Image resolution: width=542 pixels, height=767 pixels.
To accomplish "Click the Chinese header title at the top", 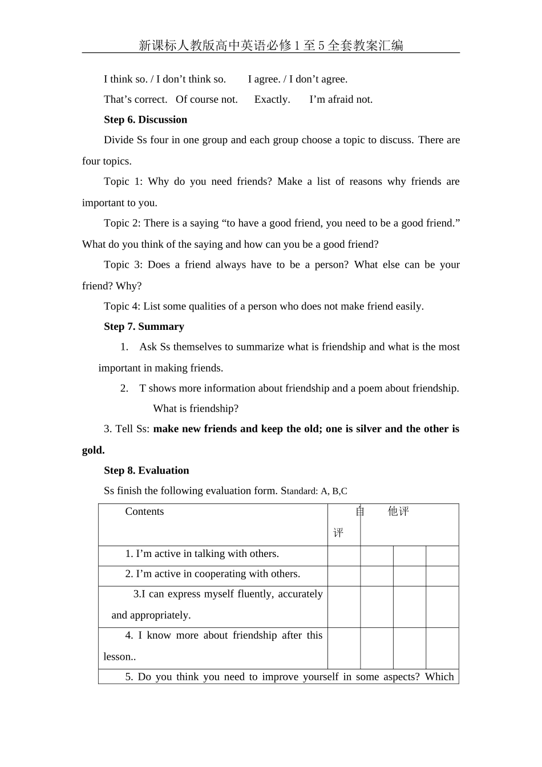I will [x=270, y=45].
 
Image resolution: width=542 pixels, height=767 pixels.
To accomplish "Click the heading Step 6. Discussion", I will [x=145, y=120].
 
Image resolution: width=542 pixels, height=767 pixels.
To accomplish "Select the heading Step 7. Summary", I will [x=144, y=326].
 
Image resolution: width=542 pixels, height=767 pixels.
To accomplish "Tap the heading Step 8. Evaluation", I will [x=146, y=470].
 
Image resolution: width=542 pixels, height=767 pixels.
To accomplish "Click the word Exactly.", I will [x=272, y=99].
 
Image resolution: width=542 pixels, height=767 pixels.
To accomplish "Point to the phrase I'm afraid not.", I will [x=341, y=99].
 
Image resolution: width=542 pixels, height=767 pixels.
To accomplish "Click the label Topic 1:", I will [x=123, y=181].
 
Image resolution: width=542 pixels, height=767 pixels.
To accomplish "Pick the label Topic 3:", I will [x=123, y=265].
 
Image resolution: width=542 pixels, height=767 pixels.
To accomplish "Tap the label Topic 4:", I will [x=122, y=306].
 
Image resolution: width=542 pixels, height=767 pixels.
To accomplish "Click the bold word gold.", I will [x=93, y=450].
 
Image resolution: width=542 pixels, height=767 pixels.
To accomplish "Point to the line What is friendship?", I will [x=196, y=409].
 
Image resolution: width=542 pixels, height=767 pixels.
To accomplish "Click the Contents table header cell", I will [x=144, y=511].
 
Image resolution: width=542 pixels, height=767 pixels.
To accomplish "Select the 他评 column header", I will [x=398, y=511].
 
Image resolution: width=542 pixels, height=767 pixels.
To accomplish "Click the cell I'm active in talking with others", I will [x=202, y=554].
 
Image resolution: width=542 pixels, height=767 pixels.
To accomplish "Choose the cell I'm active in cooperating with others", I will [x=212, y=574].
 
